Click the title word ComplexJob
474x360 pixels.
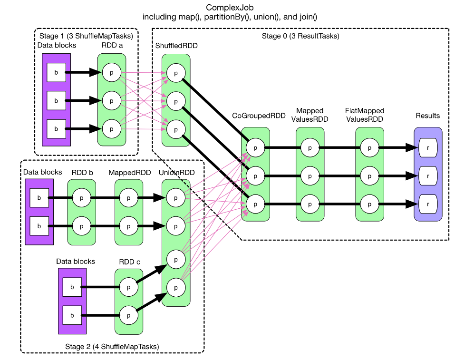[x=230, y=8]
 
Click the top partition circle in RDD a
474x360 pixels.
[x=111, y=73]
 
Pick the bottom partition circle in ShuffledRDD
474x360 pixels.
[x=175, y=129]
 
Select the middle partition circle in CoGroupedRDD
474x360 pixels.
[x=255, y=176]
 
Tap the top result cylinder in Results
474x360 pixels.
[x=428, y=148]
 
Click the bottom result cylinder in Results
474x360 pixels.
[x=428, y=204]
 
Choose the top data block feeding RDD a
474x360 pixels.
[x=57, y=73]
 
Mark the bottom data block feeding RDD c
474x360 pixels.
[x=72, y=315]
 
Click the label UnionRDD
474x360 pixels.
[x=176, y=173]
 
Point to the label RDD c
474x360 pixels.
[x=128, y=262]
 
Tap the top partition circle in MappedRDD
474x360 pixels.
[x=128, y=197]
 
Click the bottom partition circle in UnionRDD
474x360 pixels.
[x=175, y=287]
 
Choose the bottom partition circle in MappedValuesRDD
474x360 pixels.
[x=310, y=204]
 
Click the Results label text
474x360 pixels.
[x=428, y=116]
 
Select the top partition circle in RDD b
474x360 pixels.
[x=81, y=197]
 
